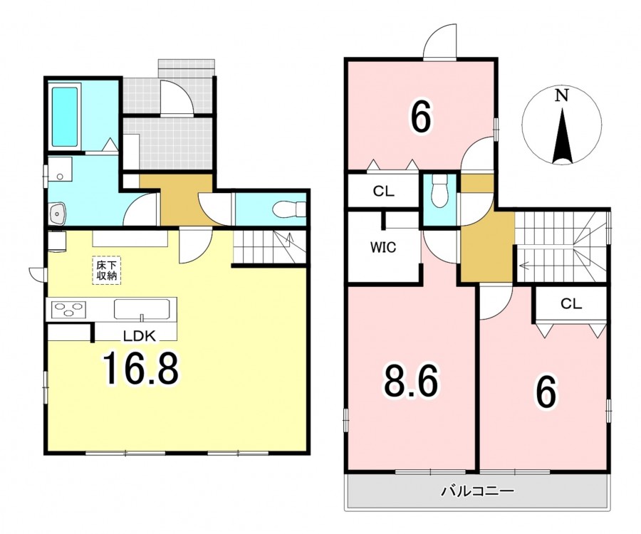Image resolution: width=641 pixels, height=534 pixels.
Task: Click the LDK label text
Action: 140,336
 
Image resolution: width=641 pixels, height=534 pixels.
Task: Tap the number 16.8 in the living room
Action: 141,370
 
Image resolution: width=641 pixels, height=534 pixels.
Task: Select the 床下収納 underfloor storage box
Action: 106,270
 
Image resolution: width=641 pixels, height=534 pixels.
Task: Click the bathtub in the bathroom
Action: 65,117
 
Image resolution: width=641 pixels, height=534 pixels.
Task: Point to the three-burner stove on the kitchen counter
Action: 68,309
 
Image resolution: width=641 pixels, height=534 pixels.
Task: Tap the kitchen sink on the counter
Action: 142,309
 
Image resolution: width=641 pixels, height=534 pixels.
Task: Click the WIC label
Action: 383,247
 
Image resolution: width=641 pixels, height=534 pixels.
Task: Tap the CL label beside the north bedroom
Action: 383,192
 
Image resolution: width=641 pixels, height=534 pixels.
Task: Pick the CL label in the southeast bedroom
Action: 571,303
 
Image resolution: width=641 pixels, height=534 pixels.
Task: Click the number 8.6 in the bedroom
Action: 411,381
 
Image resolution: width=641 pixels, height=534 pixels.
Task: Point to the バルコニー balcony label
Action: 476,491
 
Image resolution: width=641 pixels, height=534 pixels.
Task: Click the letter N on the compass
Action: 562,95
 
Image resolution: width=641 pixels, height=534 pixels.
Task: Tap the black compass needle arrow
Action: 562,136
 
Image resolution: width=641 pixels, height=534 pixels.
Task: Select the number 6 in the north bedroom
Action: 421,118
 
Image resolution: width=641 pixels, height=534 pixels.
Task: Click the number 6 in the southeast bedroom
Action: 546,392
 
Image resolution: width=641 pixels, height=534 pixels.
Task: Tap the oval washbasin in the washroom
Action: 57,214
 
